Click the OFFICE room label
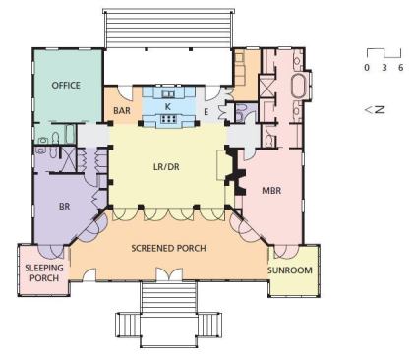coord(66,86)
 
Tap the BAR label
coord(122,111)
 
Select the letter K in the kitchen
coord(168,107)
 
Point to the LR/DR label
coord(166,167)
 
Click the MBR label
coord(271,190)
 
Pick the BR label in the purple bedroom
coord(64,207)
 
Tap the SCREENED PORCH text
coord(168,248)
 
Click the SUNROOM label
coord(290,270)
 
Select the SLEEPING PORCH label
coord(44,272)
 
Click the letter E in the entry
coord(206,112)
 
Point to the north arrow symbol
coord(375,109)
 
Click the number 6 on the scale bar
coord(400,68)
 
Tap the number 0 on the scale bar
coord(367,68)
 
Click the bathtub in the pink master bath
coord(298,87)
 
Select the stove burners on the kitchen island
coord(168,119)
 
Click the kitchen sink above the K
coord(169,94)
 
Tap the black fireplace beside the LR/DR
coord(236,171)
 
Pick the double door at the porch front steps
coord(169,274)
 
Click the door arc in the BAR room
coord(124,92)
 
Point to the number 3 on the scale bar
coord(384,68)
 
